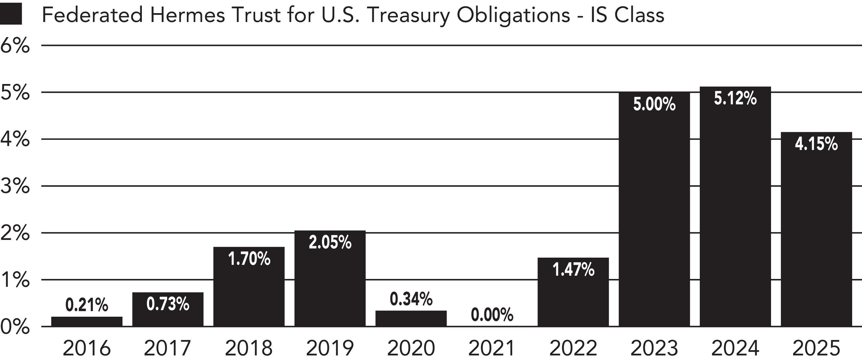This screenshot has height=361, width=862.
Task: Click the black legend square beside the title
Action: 11,14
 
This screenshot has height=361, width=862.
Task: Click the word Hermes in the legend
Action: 188,15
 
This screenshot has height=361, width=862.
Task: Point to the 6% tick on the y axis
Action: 15,46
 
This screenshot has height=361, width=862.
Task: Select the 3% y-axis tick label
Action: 15,186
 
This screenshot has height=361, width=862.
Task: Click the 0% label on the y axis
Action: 15,327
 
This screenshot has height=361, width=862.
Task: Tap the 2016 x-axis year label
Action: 87,348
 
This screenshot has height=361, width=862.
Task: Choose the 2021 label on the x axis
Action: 492,348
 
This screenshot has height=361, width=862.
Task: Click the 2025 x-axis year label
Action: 816,348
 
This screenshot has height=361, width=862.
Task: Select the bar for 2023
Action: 654,209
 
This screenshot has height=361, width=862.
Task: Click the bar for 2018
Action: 249,287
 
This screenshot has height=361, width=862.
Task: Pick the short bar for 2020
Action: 411,319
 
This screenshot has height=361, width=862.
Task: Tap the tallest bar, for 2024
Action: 736,206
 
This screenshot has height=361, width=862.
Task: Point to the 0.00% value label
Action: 492,315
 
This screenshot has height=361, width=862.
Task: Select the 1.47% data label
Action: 573,270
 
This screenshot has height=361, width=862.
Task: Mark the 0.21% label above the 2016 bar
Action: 87,305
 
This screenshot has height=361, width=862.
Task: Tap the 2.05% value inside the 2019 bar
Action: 330,243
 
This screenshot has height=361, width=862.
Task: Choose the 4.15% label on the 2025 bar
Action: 816,144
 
